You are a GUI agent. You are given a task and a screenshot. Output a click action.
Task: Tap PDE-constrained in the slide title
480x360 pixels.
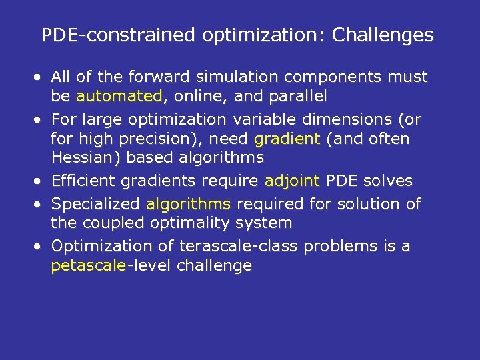click(x=97, y=35)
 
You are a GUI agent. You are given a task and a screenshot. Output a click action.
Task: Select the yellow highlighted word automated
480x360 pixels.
click(x=119, y=96)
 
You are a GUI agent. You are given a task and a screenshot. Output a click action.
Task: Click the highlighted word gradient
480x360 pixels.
click(x=287, y=139)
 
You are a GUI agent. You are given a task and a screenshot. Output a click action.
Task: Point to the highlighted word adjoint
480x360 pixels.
click(x=292, y=181)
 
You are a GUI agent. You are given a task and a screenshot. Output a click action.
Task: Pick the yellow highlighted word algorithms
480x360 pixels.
click(x=188, y=204)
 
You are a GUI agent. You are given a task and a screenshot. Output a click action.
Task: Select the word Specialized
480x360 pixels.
click(x=95, y=204)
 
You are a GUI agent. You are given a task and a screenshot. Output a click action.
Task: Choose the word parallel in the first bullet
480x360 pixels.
click(x=298, y=96)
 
